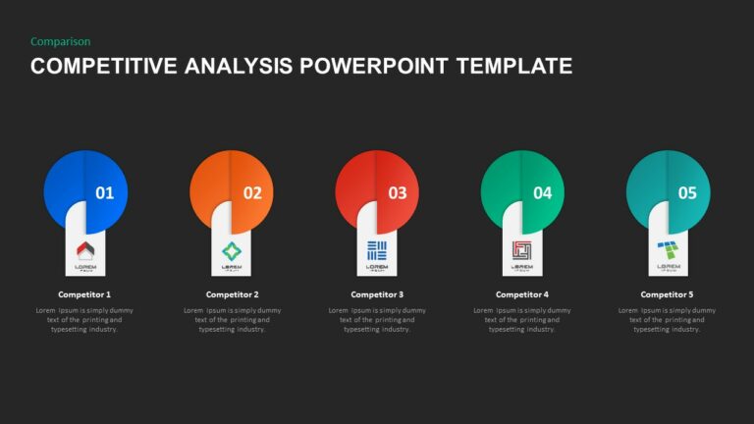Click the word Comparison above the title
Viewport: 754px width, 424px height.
(61, 41)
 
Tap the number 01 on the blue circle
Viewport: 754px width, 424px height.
(104, 193)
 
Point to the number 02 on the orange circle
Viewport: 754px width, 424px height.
(252, 193)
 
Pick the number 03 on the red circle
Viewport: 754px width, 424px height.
(397, 193)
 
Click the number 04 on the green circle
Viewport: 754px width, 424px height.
(542, 193)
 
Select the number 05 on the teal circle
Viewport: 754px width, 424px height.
(687, 193)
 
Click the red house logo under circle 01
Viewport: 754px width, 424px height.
(84, 250)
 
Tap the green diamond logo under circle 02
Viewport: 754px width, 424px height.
(232, 250)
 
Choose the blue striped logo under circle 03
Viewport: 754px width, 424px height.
(377, 250)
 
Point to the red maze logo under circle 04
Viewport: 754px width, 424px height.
(521, 250)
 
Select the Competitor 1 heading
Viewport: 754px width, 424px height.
(84, 294)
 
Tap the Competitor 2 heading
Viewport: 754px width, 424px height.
(232, 294)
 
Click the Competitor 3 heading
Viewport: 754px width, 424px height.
(377, 294)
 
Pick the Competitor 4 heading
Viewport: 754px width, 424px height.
(522, 294)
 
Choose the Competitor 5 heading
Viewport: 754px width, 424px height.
(668, 294)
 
